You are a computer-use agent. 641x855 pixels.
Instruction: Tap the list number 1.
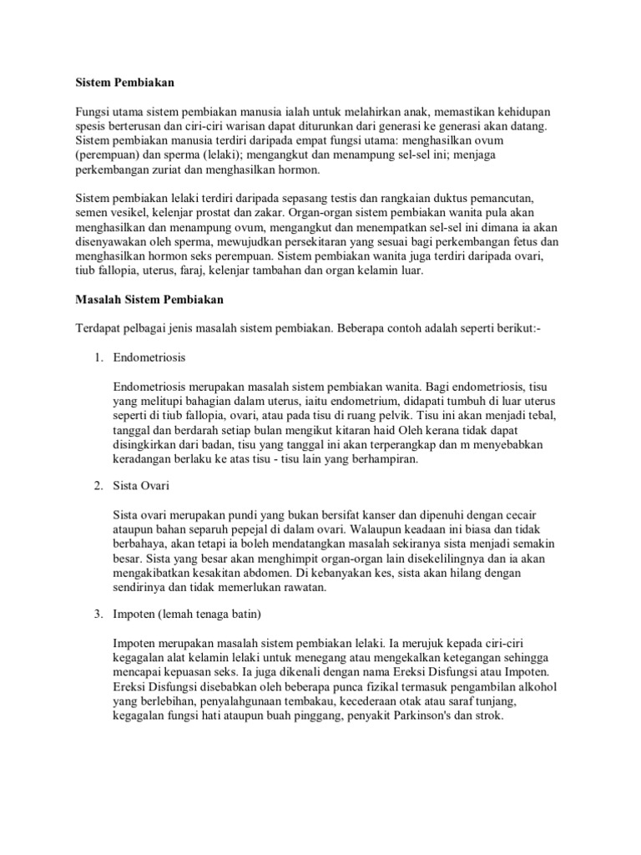pyautogui.click(x=98, y=357)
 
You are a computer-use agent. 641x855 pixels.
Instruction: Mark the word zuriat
pyautogui.click(x=215, y=169)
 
